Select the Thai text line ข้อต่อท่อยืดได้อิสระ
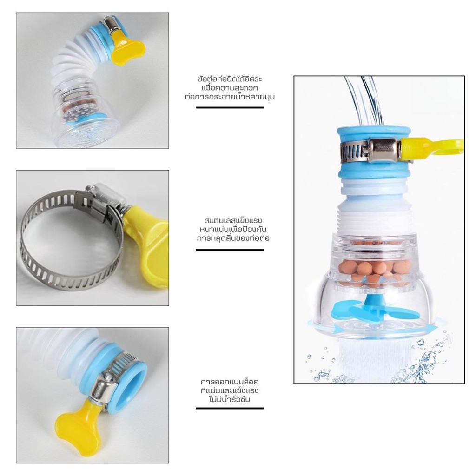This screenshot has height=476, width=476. coord(230,79)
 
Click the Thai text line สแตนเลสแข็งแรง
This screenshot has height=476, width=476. coord(233,220)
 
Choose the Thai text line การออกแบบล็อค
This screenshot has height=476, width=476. coord(230,381)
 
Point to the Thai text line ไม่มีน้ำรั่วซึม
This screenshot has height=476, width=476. coord(230,399)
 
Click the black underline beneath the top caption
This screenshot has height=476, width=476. coord(230,107)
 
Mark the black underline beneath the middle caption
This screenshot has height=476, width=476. coord(230,250)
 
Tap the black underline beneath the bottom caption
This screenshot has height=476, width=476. coord(230,408)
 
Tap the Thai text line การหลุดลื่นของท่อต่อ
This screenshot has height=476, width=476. coord(233,238)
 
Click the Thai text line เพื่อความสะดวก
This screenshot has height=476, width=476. coord(230,88)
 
